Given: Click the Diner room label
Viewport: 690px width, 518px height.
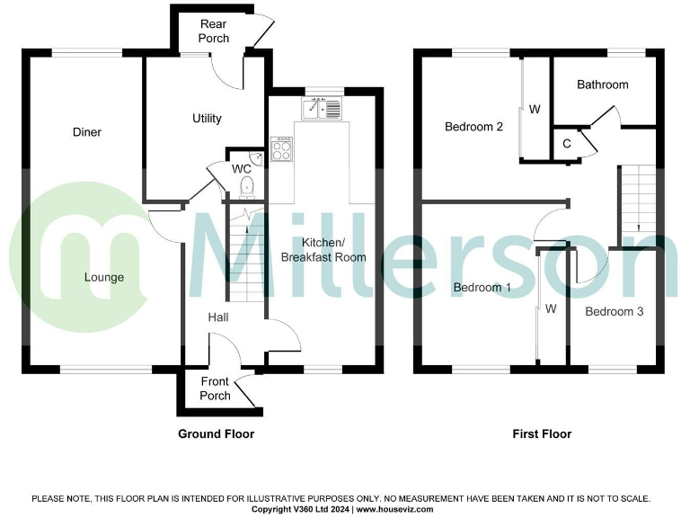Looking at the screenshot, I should click(x=87, y=132).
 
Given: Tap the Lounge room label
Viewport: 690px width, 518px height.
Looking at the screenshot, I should click(x=104, y=277).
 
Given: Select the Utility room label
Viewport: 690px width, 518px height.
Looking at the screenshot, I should click(x=207, y=119).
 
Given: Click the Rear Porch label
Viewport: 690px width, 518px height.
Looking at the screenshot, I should click(x=214, y=31).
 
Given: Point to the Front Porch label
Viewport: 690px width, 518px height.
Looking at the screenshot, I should click(x=215, y=389).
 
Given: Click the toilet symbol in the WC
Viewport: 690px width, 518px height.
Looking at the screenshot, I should click(x=248, y=186).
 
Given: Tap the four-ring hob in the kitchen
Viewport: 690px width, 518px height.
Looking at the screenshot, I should click(x=282, y=148).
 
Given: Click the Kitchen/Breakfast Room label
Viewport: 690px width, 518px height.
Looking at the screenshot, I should click(x=323, y=250).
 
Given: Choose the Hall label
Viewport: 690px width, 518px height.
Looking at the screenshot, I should click(x=218, y=317).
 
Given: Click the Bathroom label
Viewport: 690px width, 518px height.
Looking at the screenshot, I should click(x=602, y=85).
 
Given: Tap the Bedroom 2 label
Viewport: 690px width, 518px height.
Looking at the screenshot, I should click(x=473, y=127).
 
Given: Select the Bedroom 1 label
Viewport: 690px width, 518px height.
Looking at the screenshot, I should click(x=482, y=288).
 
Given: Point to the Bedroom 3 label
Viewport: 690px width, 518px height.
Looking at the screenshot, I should click(x=615, y=312).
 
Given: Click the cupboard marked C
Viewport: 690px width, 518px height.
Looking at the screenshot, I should click(x=567, y=143).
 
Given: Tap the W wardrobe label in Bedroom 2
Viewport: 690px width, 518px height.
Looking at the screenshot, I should click(x=535, y=110).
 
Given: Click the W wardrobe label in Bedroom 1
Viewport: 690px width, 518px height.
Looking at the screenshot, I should click(x=551, y=308).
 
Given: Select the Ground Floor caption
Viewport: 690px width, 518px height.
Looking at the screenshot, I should click(x=216, y=433).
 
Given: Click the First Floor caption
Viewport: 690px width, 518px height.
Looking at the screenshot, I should click(x=542, y=433).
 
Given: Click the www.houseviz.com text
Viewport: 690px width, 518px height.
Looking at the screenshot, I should click(x=395, y=509).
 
